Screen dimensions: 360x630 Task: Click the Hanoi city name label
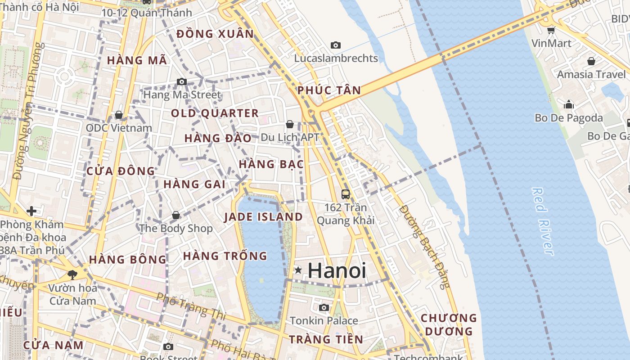[x=337, y=271]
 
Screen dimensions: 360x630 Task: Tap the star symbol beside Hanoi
[x=298, y=270]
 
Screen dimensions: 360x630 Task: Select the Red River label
[x=542, y=221]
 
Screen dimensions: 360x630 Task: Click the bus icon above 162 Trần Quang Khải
[x=345, y=194]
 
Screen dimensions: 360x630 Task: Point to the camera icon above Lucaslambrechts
[x=335, y=45]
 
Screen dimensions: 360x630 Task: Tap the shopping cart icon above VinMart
[x=551, y=31]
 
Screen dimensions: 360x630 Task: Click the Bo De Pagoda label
[x=569, y=118]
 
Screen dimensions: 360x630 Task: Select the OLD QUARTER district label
[x=215, y=113]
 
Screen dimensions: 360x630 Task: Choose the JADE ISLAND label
[x=263, y=217]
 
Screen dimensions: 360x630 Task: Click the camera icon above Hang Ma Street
[x=181, y=81]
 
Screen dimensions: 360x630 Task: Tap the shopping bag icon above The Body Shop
[x=176, y=215]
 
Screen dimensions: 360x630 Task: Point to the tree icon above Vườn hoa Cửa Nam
[x=72, y=274]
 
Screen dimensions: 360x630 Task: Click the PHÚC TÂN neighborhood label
[x=329, y=90]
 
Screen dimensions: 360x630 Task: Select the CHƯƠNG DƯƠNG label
[x=448, y=324]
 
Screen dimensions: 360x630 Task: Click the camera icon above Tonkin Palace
[x=324, y=308]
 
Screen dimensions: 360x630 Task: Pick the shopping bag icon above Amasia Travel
[x=591, y=61]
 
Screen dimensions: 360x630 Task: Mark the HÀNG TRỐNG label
[x=225, y=256]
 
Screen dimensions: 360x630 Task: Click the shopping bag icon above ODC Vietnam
[x=119, y=115]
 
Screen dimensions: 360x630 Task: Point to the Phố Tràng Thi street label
[x=192, y=306]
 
